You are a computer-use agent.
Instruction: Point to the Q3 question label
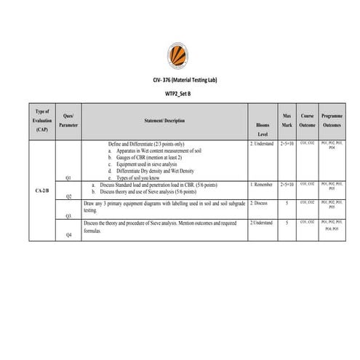[x=68, y=216]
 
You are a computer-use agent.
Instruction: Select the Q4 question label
[x=68, y=235]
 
